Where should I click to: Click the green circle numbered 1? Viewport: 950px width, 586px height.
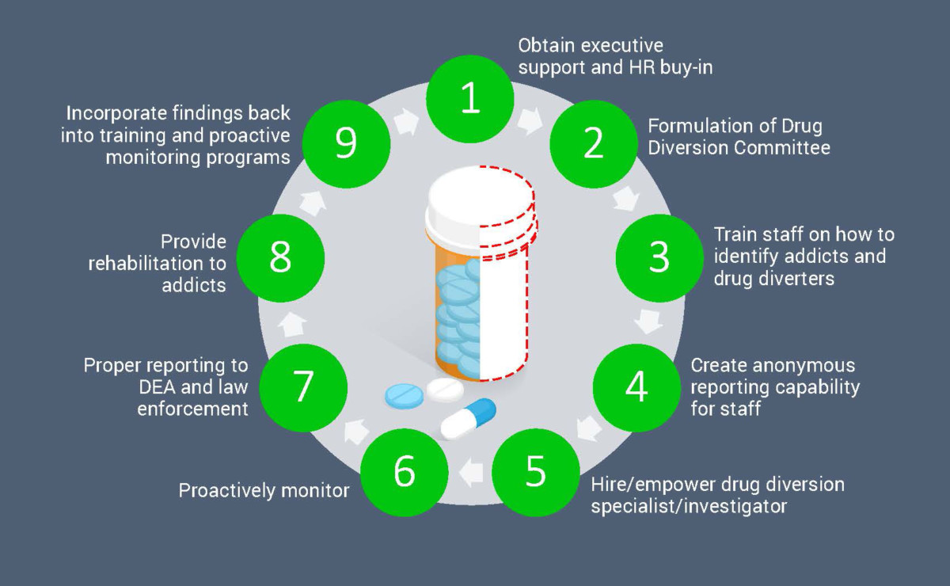point(470,99)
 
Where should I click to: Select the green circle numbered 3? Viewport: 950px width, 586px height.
point(659,258)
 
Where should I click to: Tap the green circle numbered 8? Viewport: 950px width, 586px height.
point(280,258)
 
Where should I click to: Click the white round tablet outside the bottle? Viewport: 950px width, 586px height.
point(444,390)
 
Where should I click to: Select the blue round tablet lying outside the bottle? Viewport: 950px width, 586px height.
point(405,395)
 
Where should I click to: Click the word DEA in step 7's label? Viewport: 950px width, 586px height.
point(104,387)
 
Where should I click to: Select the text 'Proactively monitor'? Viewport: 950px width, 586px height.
point(264,491)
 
